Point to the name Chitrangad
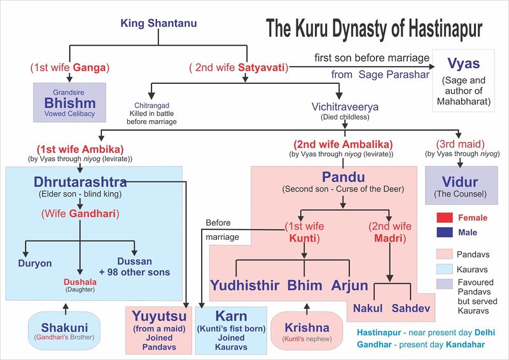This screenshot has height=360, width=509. [x=153, y=105]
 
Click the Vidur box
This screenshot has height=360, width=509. [x=461, y=185]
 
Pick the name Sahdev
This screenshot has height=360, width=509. [x=411, y=307]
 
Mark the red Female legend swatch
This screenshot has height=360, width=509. [x=445, y=218]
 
